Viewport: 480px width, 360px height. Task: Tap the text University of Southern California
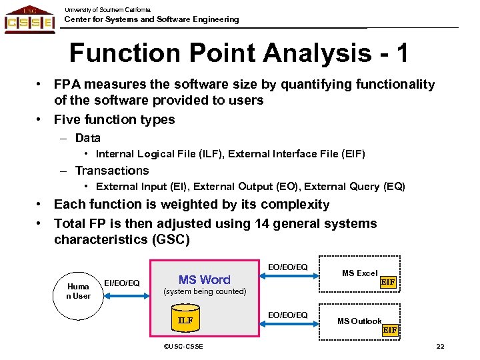click(107, 9)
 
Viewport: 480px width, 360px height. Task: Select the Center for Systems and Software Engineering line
click(151, 19)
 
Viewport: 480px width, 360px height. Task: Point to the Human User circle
click(78, 291)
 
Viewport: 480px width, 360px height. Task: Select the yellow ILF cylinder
click(185, 320)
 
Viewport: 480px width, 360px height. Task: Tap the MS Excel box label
click(359, 273)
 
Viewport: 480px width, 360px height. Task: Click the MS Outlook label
click(359, 321)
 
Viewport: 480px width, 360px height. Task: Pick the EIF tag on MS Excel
click(388, 283)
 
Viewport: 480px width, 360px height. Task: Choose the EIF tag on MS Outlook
click(389, 330)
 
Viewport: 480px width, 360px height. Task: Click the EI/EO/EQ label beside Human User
click(122, 283)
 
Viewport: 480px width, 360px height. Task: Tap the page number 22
click(440, 346)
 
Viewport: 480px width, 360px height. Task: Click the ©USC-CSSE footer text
click(183, 346)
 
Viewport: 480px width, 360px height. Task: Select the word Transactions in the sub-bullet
click(112, 171)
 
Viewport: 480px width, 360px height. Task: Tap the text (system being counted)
click(205, 292)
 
